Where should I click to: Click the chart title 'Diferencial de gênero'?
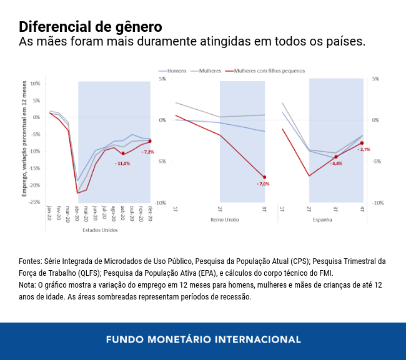91,27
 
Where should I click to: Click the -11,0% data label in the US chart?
122,163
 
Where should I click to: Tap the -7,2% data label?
147,152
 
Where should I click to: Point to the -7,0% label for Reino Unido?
263,184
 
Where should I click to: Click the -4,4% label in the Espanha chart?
336,163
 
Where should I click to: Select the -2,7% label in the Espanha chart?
364,150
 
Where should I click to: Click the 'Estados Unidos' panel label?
100,230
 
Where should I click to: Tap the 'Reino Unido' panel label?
220,220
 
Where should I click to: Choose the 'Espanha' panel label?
322,220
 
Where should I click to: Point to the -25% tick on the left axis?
35,202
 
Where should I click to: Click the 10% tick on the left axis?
36,83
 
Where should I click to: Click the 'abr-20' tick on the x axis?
77,214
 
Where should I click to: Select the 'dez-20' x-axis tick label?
150,214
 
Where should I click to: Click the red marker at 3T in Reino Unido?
264,177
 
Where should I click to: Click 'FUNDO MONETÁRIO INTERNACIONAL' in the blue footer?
203,340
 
